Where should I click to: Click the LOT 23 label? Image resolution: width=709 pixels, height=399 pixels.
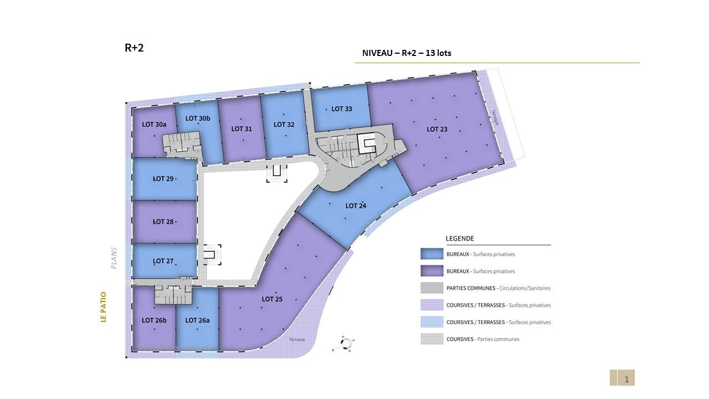[436, 129]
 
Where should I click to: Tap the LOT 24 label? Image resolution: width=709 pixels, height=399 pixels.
[356, 206]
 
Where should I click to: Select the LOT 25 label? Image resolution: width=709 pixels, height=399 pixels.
[272, 299]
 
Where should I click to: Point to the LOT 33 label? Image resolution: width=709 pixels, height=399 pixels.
[342, 109]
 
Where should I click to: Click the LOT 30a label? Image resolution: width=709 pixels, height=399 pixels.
[154, 125]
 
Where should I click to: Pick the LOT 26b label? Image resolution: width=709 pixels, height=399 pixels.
[154, 320]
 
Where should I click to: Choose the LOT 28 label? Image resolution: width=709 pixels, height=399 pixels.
[163, 222]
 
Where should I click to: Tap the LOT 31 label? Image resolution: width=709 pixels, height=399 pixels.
[242, 129]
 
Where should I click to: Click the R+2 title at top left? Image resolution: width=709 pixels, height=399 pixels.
[134, 48]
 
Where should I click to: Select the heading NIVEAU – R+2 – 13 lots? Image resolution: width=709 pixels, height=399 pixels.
[407, 53]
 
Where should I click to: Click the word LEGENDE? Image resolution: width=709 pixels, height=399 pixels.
[460, 239]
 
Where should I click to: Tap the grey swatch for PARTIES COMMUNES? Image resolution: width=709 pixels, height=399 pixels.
[431, 288]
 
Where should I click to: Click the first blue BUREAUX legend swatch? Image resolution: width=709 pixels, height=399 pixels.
[431, 254]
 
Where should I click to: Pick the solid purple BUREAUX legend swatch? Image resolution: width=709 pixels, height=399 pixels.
[431, 271]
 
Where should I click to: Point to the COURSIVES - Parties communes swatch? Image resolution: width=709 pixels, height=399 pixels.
[431, 339]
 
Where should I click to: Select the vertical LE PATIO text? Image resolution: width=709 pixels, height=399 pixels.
[103, 307]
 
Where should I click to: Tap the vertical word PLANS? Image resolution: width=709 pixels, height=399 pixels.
[114, 258]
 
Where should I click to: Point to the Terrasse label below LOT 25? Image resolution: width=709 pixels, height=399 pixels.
[296, 340]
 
